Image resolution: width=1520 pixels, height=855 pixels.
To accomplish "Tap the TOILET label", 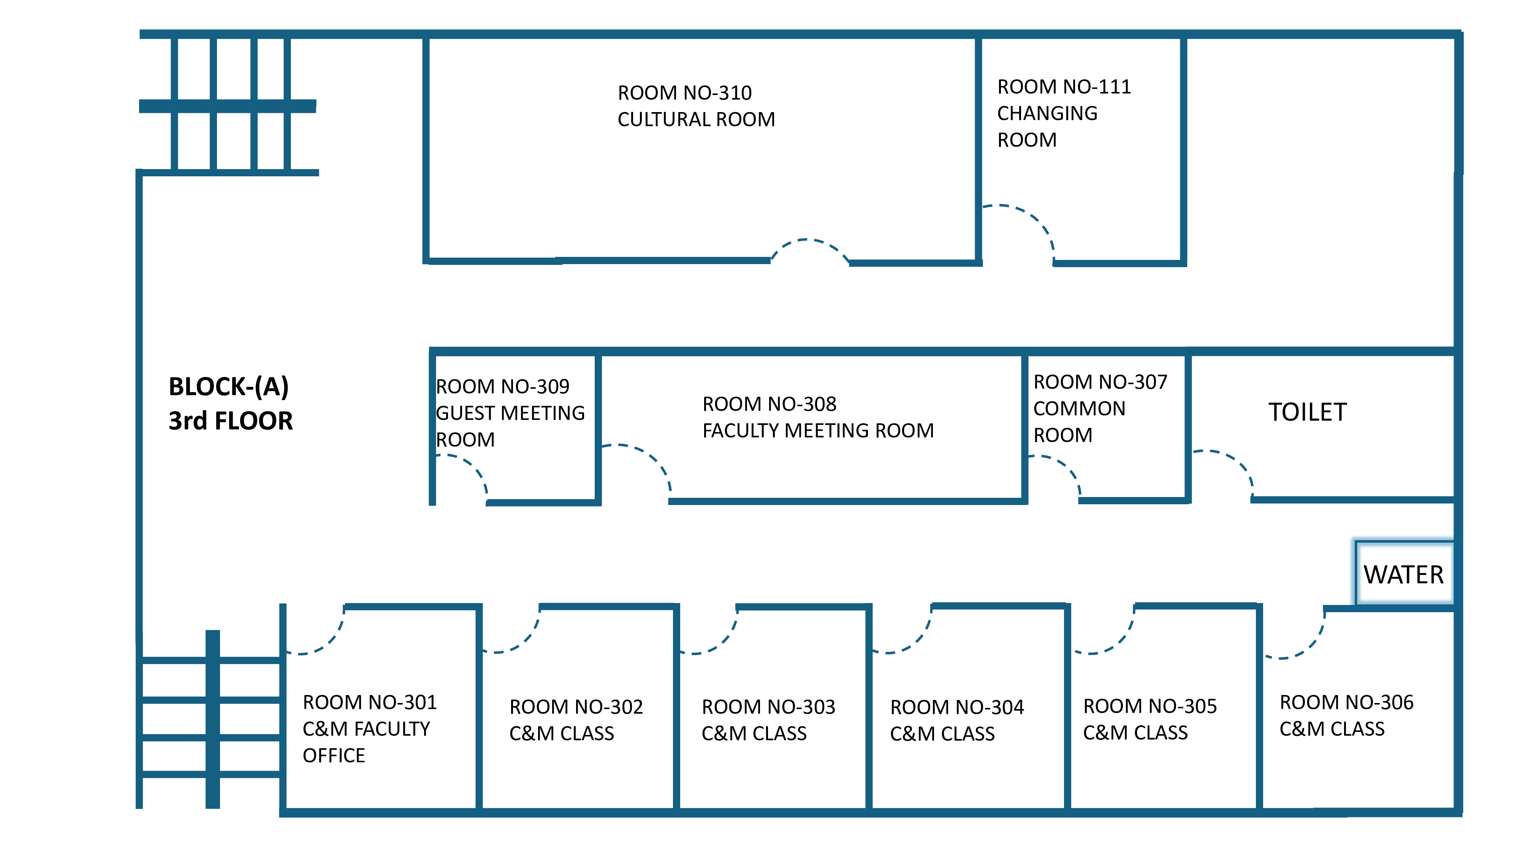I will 1308,412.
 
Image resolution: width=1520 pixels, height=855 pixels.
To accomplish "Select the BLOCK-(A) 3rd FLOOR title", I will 230,404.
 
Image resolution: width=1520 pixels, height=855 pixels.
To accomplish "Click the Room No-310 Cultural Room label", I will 696,106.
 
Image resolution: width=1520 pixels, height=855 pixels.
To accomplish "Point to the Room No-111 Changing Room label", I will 1063,113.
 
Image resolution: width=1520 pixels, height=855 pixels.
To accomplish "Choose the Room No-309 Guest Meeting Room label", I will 510,413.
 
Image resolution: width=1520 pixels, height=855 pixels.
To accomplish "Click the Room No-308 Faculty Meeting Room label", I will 818,417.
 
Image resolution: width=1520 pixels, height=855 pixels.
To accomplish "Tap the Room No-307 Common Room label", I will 1100,408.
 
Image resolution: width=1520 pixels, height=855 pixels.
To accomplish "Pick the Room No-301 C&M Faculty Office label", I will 369,729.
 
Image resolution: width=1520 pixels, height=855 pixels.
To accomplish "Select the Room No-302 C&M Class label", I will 576,720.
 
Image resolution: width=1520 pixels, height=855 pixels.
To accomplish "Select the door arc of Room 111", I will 1032,218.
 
